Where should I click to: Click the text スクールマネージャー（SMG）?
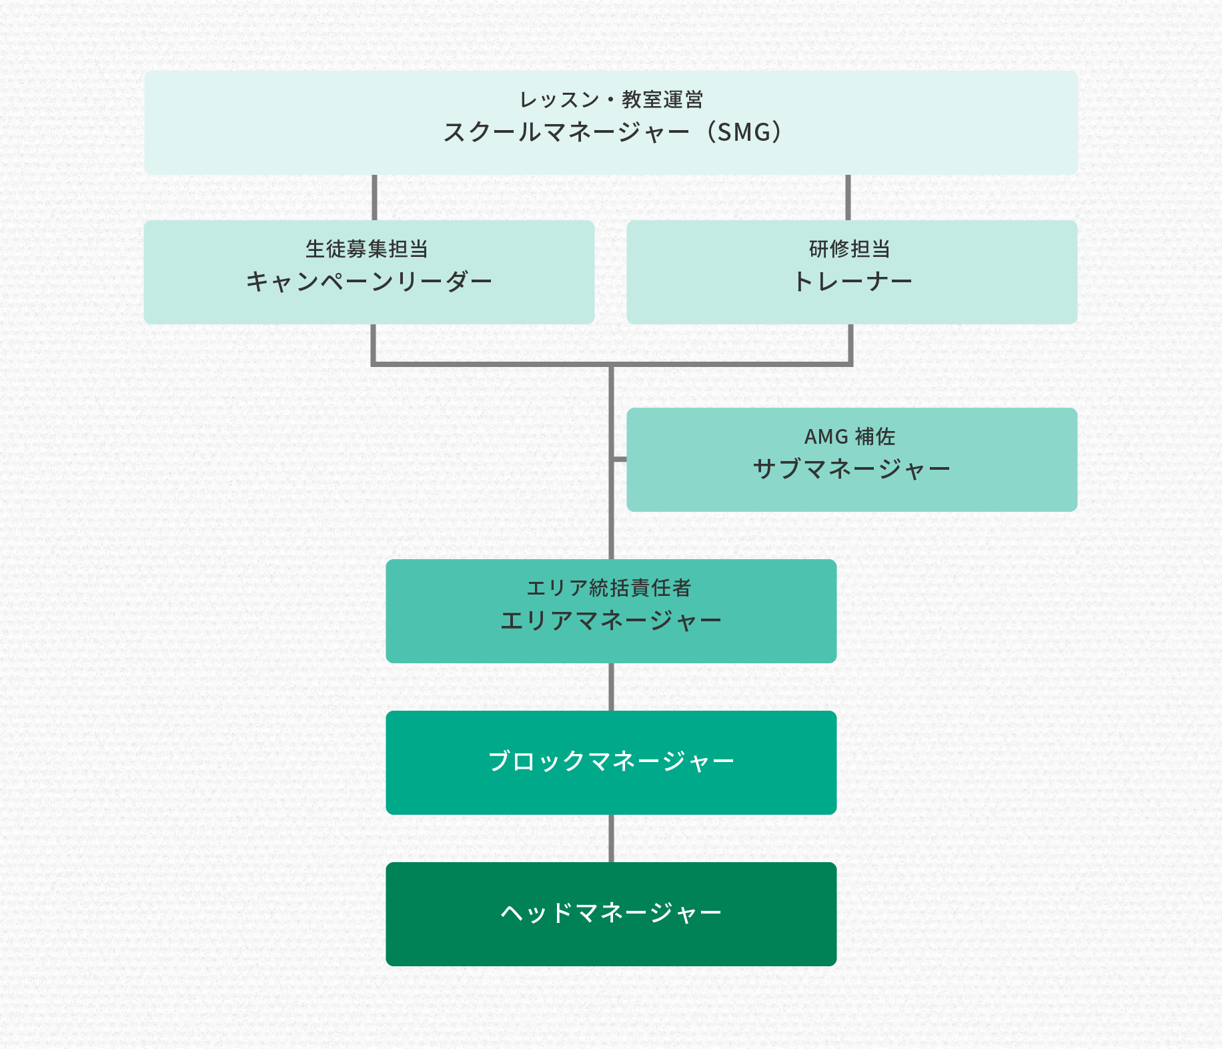coord(612,132)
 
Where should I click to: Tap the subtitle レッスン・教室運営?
coord(611,100)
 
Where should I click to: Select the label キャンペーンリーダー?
coord(369,282)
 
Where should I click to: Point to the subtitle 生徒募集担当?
coord(367,250)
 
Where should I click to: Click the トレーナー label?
coord(852,282)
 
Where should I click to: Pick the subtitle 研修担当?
coord(850,250)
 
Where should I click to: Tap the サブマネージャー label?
coord(852,469)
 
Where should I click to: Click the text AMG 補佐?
coord(850,437)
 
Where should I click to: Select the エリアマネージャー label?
coord(611,621)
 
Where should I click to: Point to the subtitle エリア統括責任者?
coord(609,589)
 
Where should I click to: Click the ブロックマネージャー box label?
coord(611,761)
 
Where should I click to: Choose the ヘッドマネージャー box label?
coord(611,913)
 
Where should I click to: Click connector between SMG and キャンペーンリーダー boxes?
coord(374,198)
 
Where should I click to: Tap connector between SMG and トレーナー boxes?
coord(848,198)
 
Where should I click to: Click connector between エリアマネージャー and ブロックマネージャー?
coord(611,687)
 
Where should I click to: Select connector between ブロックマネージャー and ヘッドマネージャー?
coord(611,838)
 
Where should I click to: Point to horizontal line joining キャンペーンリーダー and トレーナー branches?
coord(494,364)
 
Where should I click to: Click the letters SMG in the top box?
coord(744,132)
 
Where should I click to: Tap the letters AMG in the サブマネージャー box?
coord(826,437)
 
